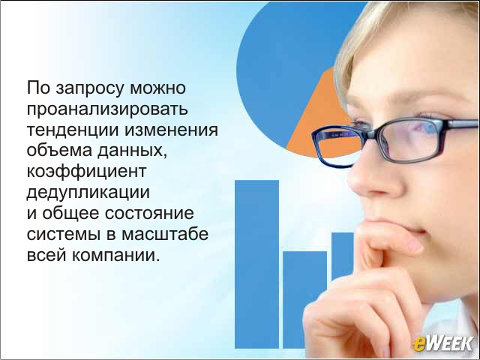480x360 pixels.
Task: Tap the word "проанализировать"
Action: tap(107, 109)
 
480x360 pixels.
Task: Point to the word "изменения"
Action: tap(171, 130)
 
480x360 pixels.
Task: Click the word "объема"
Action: tap(59, 150)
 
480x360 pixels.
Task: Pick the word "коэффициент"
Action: tap(86, 172)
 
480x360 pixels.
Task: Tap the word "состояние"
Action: tap(149, 213)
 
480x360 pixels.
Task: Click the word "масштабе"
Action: tap(165, 233)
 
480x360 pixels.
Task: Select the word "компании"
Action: tap(115, 255)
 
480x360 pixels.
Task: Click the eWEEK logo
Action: tap(442, 343)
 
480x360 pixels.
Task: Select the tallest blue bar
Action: tap(256, 264)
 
